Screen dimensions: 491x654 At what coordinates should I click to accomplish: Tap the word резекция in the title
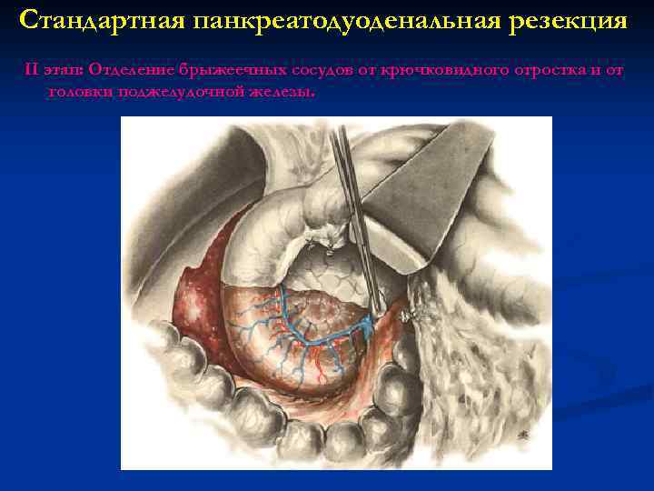click(x=568, y=20)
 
